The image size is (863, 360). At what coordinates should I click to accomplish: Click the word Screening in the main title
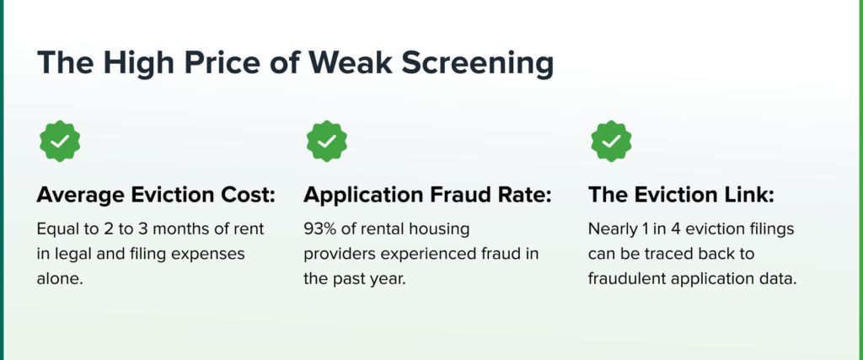[x=477, y=62]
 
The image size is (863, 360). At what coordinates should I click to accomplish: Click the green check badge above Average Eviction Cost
[x=60, y=142]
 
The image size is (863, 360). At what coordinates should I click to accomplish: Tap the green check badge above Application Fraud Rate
[x=327, y=142]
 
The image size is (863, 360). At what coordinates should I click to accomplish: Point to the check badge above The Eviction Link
[x=612, y=142]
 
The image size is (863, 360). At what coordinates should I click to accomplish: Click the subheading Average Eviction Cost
[x=156, y=196]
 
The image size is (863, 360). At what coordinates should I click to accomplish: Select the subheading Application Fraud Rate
[x=427, y=196]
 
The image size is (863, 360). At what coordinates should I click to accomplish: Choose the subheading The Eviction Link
[x=681, y=196]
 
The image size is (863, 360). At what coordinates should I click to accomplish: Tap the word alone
[x=60, y=279]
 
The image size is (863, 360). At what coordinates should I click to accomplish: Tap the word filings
[x=772, y=229]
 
